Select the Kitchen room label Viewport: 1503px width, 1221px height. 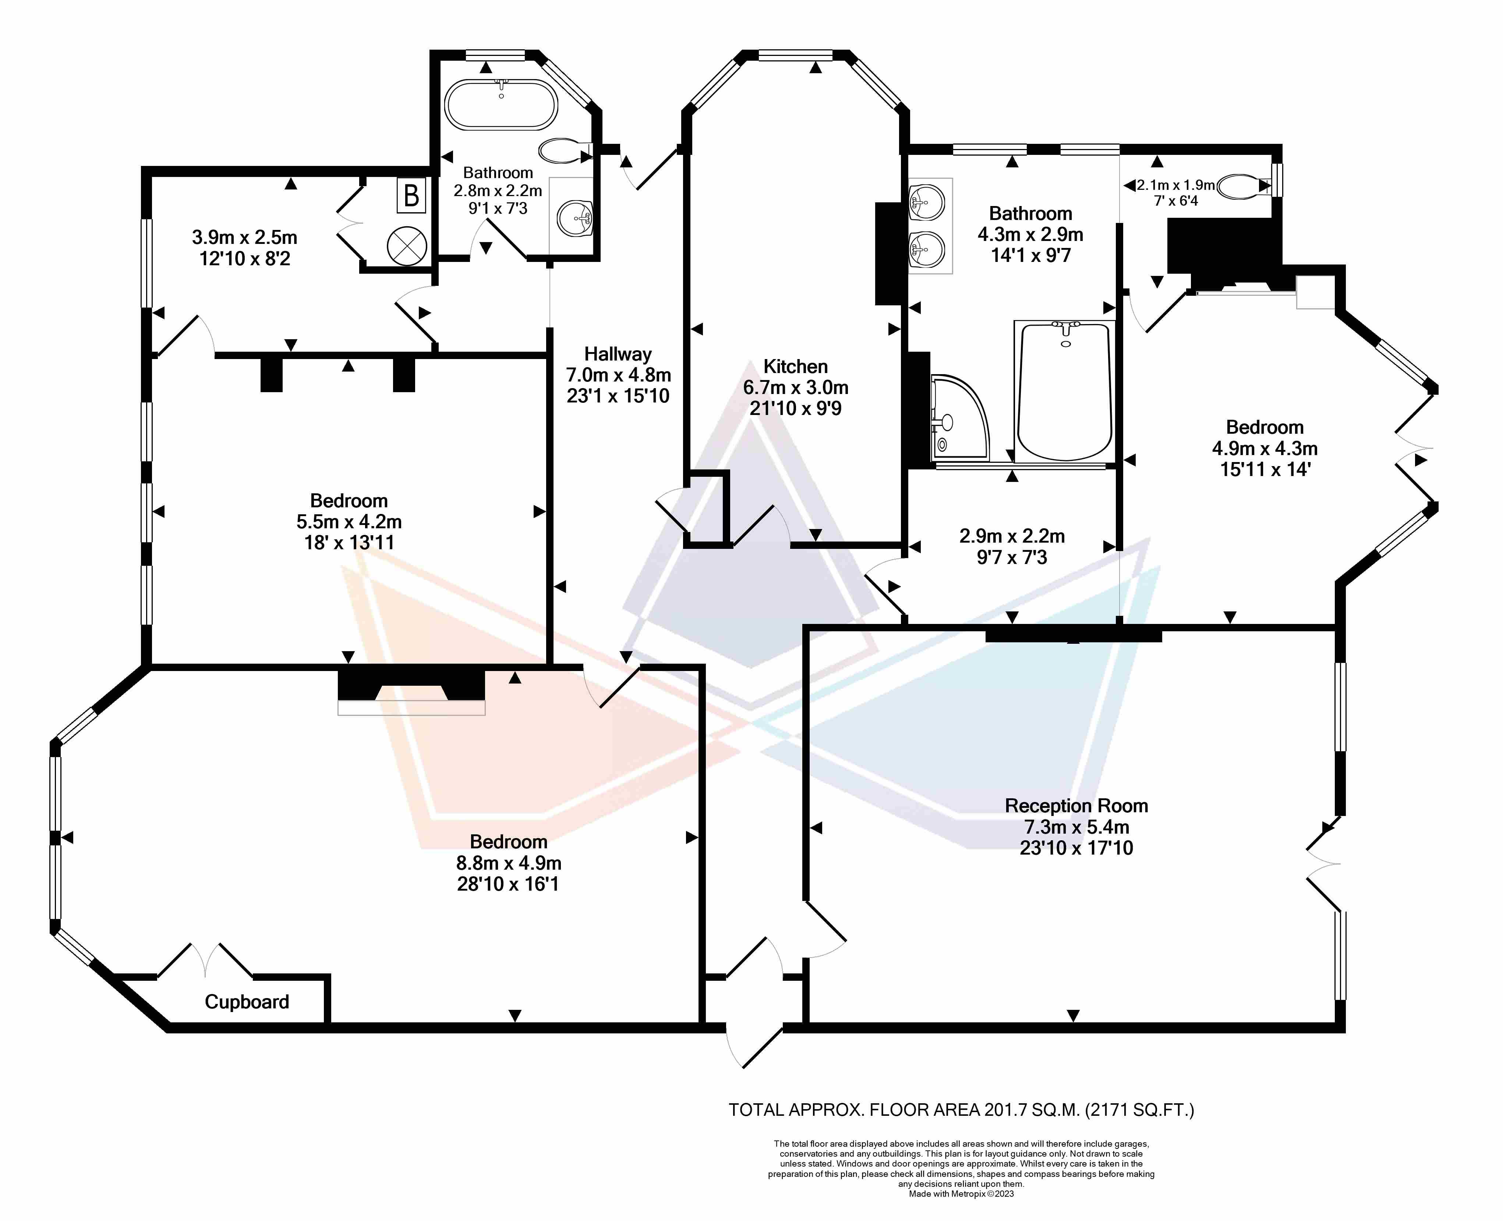(x=795, y=366)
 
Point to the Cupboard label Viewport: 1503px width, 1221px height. (x=247, y=1001)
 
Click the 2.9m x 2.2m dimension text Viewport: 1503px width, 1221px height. (x=1012, y=536)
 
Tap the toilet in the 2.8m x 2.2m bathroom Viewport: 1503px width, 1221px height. (x=564, y=150)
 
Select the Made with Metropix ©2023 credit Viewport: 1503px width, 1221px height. (x=961, y=1193)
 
